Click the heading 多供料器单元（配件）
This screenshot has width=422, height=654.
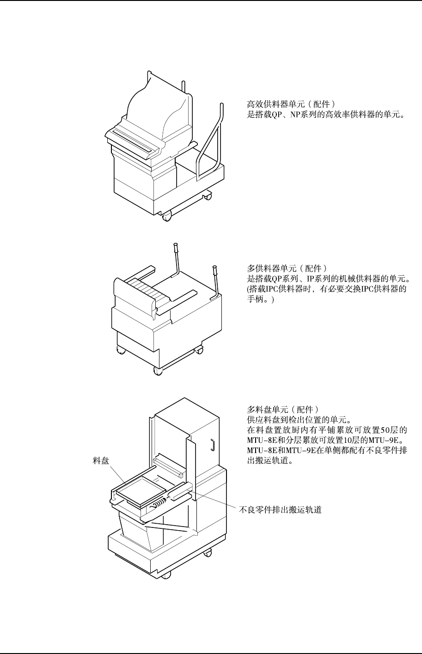click(288, 268)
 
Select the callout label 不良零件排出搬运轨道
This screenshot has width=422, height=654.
click(280, 510)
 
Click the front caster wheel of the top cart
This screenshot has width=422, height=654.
click(166, 214)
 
